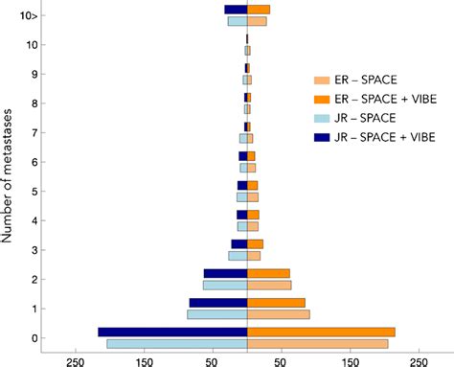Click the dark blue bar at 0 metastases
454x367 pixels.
click(x=172, y=332)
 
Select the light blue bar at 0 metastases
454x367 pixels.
click(x=177, y=343)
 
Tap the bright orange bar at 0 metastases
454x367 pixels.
click(x=321, y=332)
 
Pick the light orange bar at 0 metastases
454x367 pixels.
click(x=317, y=343)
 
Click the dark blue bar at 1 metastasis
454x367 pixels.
click(x=217, y=303)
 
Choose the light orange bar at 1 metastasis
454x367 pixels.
click(x=278, y=313)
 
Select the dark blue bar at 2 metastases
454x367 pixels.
click(x=225, y=273)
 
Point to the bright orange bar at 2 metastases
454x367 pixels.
click(x=268, y=273)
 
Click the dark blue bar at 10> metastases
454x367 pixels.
click(x=236, y=10)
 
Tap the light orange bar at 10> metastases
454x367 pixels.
click(x=257, y=21)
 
